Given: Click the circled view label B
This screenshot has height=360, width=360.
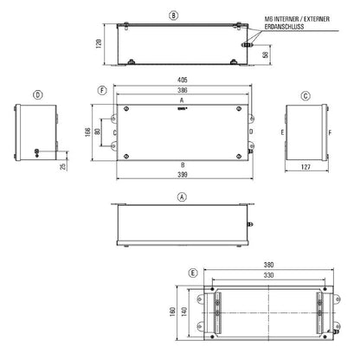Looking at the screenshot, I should [174, 15].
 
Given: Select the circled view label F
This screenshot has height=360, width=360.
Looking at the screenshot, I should [102, 89].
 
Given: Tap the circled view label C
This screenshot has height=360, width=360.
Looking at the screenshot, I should [306, 94].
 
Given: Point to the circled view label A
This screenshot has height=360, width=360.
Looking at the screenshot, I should [182, 196].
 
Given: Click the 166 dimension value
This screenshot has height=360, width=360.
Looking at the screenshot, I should [89, 132].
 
